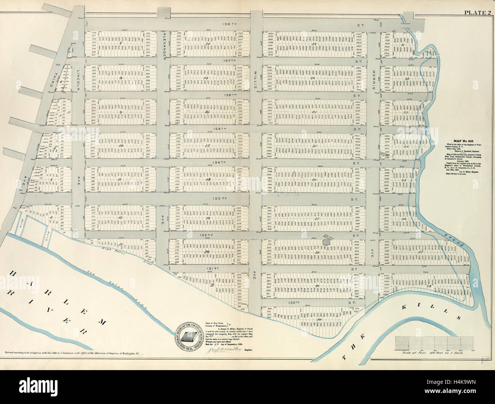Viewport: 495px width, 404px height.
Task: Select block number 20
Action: [x=207, y=252]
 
